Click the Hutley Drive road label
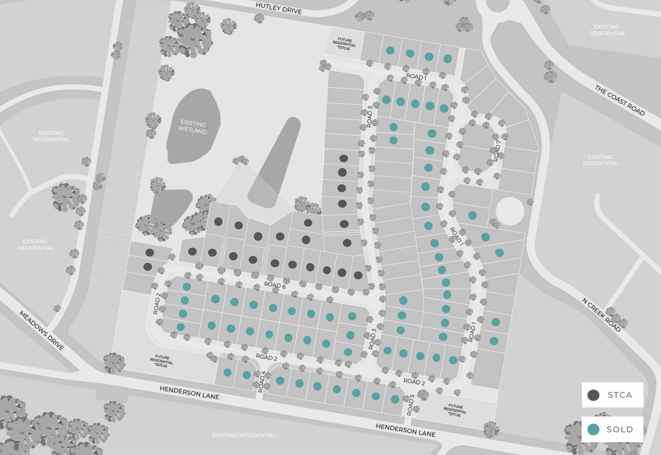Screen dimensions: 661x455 pyautogui.click(x=279, y=8)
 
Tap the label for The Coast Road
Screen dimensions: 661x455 pyautogui.click(x=619, y=100)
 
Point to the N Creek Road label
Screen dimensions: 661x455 pyautogui.click(x=601, y=315)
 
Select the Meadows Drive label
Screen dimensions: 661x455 pyautogui.click(x=42, y=330)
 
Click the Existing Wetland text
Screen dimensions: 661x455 pyautogui.click(x=193, y=127)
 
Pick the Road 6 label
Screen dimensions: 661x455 pyautogui.click(x=275, y=285)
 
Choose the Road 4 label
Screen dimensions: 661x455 pyautogui.click(x=262, y=382)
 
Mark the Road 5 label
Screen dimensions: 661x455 pyautogui.click(x=410, y=405)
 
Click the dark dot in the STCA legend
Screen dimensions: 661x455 pyautogui.click(x=593, y=395)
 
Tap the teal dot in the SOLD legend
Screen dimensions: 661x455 pyautogui.click(x=593, y=430)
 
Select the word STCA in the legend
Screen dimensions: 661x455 pyautogui.click(x=620, y=395)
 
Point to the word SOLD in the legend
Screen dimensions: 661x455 pyautogui.click(x=620, y=430)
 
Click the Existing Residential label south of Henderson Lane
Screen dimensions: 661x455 pyautogui.click(x=244, y=435)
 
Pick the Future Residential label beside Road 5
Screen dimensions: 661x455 pyautogui.click(x=455, y=410)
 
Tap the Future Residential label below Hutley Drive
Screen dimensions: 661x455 pyautogui.click(x=344, y=44)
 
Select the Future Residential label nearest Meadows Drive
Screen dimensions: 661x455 pyautogui.click(x=161, y=361)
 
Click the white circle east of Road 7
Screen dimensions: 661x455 pyautogui.click(x=510, y=211)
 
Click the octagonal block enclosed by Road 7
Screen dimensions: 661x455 pyautogui.click(x=478, y=146)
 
